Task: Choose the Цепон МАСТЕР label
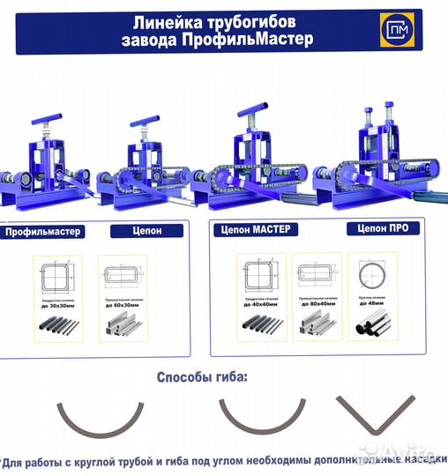point(254,230)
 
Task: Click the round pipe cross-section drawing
point(371,274)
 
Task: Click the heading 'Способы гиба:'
point(202,377)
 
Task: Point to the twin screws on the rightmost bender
point(378,115)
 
